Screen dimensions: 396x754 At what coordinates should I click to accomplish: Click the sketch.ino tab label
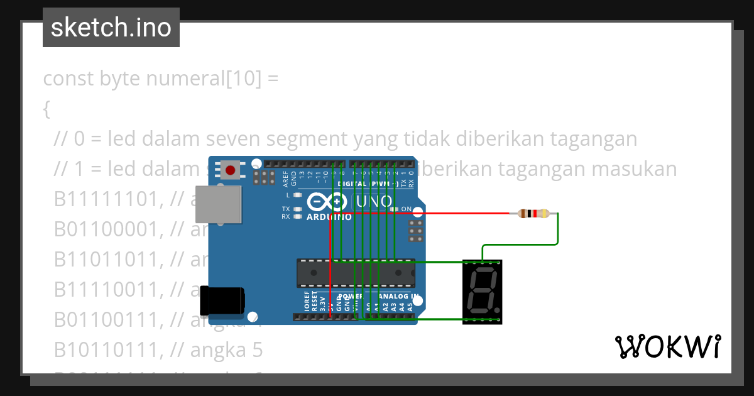point(111,28)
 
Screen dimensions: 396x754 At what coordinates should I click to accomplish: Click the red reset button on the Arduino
point(231,170)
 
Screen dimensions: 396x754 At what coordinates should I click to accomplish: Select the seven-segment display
point(482,292)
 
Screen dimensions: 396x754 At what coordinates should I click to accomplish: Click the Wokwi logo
point(667,346)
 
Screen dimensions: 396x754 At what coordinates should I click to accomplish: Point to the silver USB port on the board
point(218,204)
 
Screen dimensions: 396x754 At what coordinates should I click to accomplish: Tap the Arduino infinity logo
point(328,202)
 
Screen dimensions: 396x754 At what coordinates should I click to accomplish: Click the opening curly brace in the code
point(46,109)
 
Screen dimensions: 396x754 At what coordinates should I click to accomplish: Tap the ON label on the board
point(407,209)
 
